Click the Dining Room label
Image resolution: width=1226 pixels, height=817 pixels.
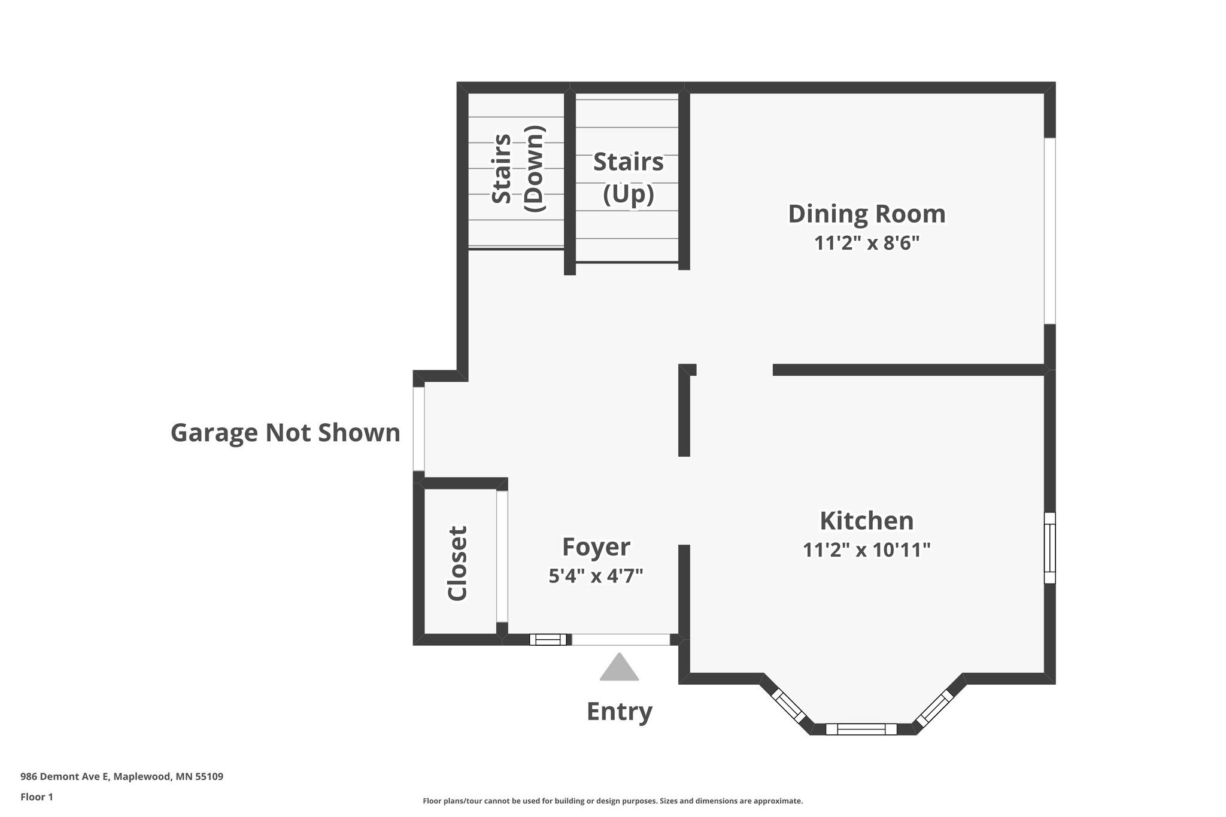[x=867, y=214]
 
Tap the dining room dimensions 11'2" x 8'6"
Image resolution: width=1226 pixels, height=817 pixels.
[x=866, y=243]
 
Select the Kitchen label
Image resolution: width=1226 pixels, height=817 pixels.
[x=867, y=521]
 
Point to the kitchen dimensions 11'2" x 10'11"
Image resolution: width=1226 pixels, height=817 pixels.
[x=867, y=549]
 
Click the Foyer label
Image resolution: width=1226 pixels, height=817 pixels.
[x=596, y=547]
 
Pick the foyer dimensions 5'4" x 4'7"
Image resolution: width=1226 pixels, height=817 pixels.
[x=596, y=576]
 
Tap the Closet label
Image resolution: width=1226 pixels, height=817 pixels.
[x=457, y=563]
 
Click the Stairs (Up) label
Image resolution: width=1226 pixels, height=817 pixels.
[x=629, y=178]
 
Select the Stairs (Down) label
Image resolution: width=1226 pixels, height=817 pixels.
[x=518, y=168]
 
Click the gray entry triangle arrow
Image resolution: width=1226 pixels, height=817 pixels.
[x=620, y=667]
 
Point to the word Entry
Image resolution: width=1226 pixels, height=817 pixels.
[x=620, y=712]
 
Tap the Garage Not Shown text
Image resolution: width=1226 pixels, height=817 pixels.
[x=286, y=433]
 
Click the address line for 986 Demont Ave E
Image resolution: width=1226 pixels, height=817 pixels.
[x=122, y=777]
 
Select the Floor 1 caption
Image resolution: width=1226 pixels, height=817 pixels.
[x=37, y=797]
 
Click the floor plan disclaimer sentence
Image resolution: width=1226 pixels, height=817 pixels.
[x=613, y=801]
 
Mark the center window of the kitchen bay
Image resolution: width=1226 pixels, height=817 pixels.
[x=861, y=729]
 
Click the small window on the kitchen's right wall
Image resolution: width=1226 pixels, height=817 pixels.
[x=1050, y=548]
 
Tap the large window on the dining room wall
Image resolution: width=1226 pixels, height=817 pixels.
[x=1050, y=231]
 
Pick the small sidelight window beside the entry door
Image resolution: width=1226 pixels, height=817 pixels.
[x=548, y=640]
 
